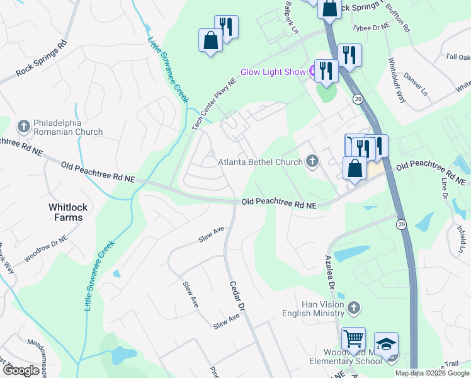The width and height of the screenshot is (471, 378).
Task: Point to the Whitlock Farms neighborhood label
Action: [x=66, y=212]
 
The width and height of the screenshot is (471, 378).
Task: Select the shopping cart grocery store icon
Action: [x=353, y=338]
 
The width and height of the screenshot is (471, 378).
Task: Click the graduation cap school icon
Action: [x=386, y=343]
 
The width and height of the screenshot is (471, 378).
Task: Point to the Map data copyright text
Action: [x=431, y=373]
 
